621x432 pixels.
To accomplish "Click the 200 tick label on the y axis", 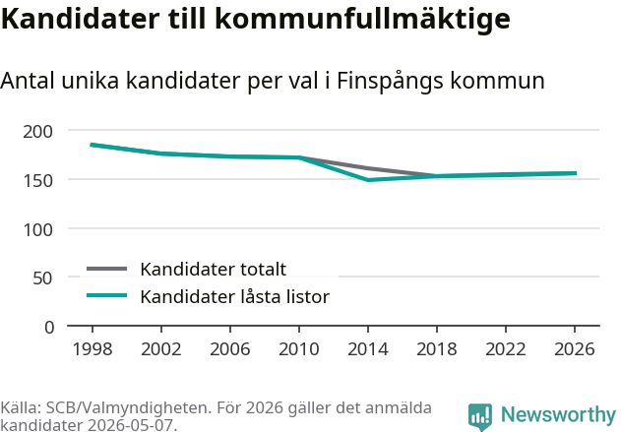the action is tap(37, 132).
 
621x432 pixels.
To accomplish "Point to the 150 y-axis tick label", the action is tap(37, 181).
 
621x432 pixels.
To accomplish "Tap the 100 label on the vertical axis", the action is tap(37, 230).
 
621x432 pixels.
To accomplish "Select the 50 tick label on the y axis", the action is tap(42, 278).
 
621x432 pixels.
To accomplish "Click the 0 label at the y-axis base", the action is tap(49, 328).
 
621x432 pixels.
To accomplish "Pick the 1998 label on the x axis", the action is tap(93, 349).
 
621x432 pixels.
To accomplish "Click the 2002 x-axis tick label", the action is tap(161, 349).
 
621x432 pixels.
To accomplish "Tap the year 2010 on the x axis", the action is tap(299, 349).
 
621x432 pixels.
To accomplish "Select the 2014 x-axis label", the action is tap(368, 349).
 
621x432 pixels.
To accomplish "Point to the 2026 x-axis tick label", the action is tap(575, 349).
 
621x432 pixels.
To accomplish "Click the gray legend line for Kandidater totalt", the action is tap(106, 269).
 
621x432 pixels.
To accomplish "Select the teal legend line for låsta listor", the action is tap(106, 295).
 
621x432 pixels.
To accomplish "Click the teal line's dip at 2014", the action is tap(368, 180).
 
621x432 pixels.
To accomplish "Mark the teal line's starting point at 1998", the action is tap(92, 145).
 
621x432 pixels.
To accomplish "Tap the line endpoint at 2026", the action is tap(576, 173).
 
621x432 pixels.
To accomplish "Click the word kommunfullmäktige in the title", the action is tap(363, 20).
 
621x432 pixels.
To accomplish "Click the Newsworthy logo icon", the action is tap(480, 416).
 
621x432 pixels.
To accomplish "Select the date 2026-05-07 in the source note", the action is tap(132, 425).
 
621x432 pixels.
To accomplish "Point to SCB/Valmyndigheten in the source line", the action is tap(127, 407).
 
